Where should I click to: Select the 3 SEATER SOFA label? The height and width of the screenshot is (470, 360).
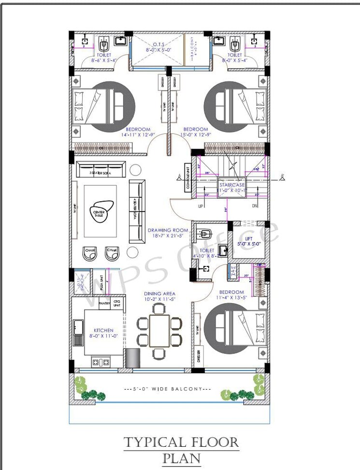[101, 173]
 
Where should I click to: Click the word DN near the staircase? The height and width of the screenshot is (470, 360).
[256, 206]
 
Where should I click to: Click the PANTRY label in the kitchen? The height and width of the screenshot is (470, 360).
[104, 303]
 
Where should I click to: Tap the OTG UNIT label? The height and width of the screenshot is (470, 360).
[117, 303]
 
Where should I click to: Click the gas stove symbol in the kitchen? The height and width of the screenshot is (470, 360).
[100, 361]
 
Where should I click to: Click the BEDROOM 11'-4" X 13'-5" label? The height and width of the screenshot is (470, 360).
[231, 295]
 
